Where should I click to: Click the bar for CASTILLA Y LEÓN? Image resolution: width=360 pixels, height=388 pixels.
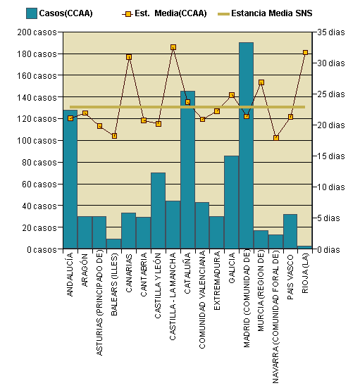(158, 211)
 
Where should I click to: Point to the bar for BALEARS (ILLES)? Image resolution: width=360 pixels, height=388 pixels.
(114, 244)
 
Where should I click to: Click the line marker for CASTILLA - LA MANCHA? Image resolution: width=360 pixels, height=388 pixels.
(173, 47)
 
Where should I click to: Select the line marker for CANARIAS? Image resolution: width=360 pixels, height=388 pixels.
(129, 57)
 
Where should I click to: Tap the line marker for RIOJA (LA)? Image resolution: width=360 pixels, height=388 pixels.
(305, 53)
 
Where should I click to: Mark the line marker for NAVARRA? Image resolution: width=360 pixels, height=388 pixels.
(275, 138)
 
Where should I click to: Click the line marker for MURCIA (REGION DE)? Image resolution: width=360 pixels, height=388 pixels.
(261, 82)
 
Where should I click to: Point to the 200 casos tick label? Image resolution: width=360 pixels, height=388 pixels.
(37, 32)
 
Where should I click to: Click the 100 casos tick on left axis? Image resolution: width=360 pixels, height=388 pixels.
(37, 141)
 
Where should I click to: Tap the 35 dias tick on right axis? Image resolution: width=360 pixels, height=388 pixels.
(331, 32)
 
